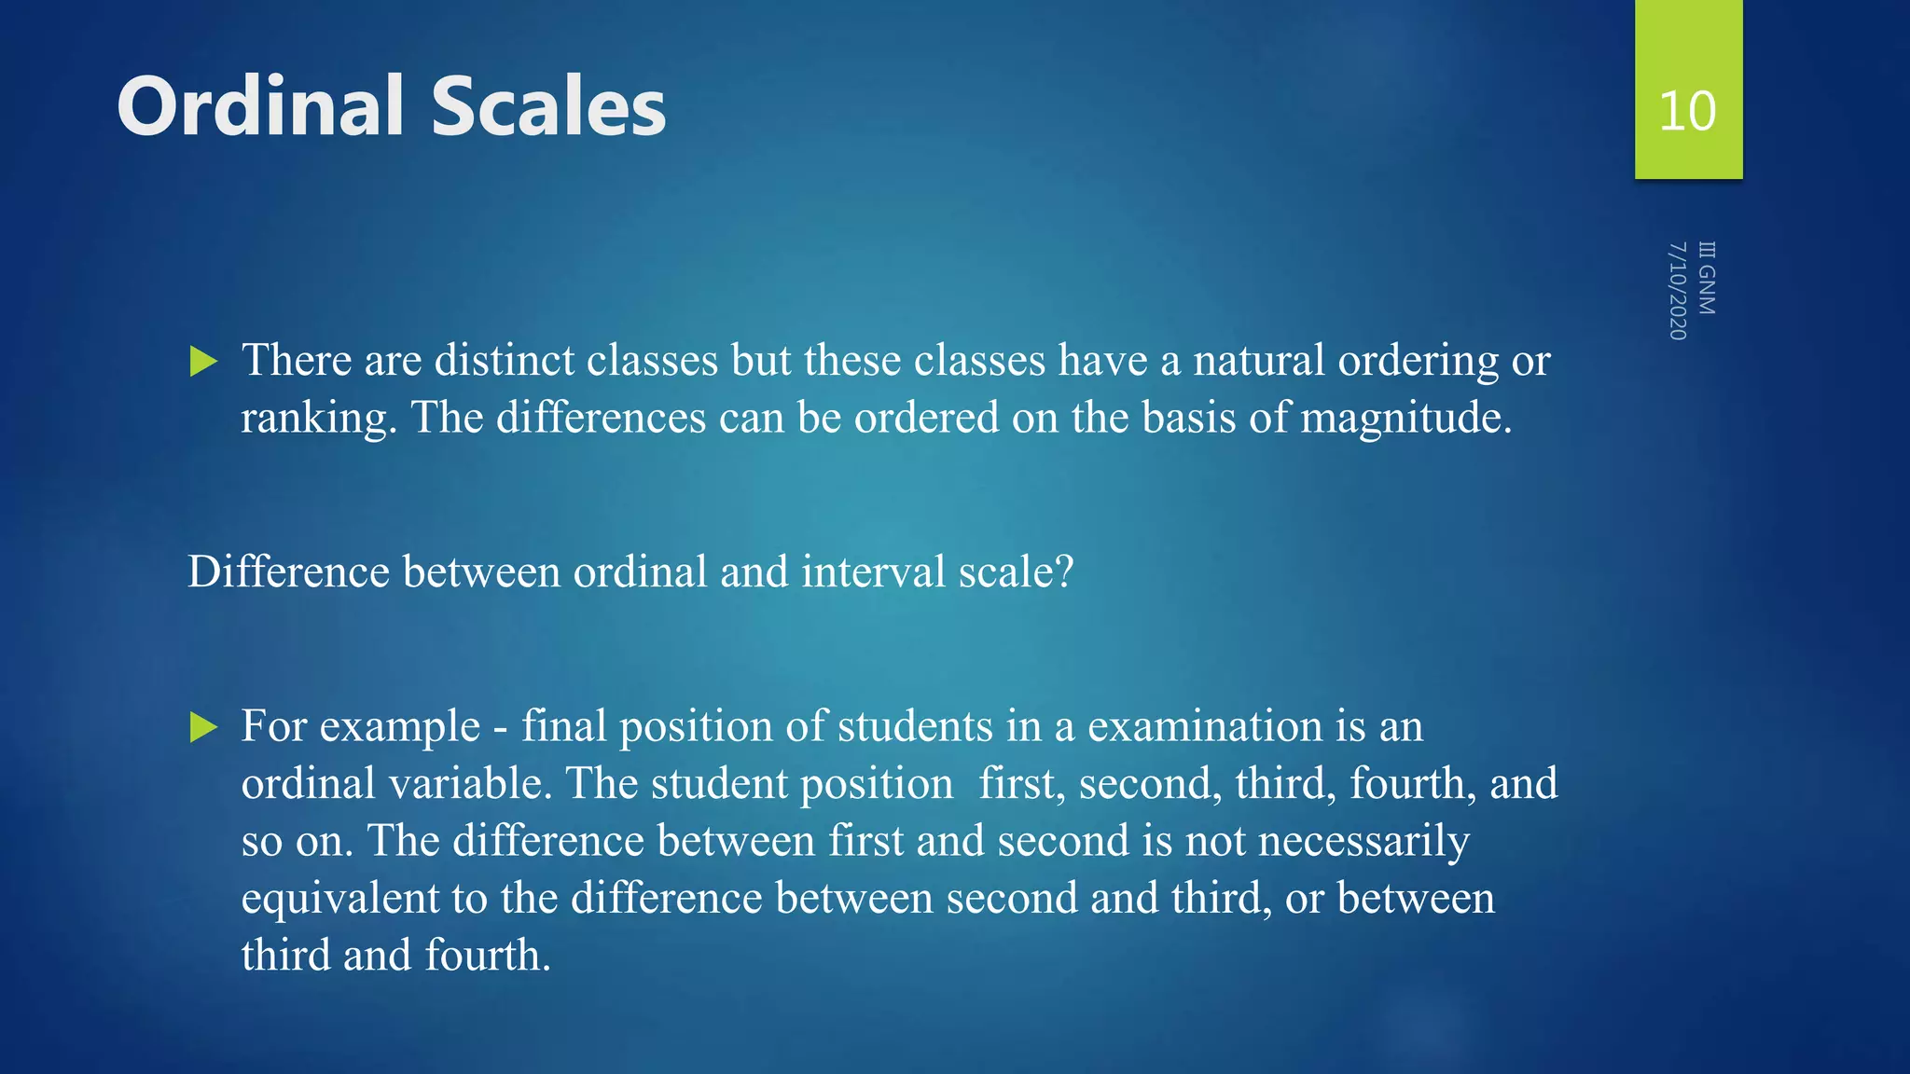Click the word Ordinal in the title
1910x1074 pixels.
pyautogui.click(x=262, y=106)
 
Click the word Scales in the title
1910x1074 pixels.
pyautogui.click(x=548, y=106)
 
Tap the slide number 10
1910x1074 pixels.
pyautogui.click(x=1687, y=111)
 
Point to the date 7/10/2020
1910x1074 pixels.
pyautogui.click(x=1677, y=291)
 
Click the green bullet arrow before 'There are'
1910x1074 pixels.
pyautogui.click(x=203, y=361)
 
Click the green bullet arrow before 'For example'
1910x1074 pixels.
pyautogui.click(x=203, y=727)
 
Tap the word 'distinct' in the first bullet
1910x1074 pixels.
pyautogui.click(x=504, y=360)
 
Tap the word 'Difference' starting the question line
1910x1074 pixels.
pyautogui.click(x=288, y=571)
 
